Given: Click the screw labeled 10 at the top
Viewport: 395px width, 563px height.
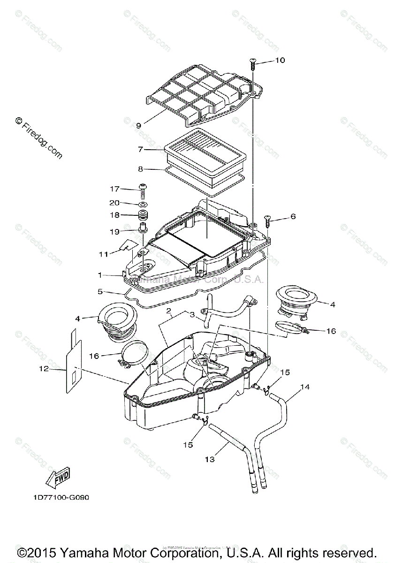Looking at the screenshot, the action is point(253,62).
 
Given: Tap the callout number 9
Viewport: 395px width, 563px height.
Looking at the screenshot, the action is point(139,125).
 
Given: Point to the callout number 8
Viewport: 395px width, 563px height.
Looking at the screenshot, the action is point(140,168).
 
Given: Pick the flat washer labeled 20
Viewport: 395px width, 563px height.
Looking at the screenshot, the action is point(142,205).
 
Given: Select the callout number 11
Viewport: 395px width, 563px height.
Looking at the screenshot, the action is point(103,254).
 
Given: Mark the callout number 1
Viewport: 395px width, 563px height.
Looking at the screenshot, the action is point(100,274).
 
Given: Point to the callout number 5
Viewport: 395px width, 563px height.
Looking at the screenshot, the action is point(100,291).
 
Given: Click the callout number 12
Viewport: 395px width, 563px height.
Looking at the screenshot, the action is point(44,369).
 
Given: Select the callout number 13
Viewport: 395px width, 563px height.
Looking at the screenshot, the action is point(210,459).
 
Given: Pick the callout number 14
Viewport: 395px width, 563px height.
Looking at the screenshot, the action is point(305,387).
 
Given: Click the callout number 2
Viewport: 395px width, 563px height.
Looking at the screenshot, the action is point(168,312).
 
